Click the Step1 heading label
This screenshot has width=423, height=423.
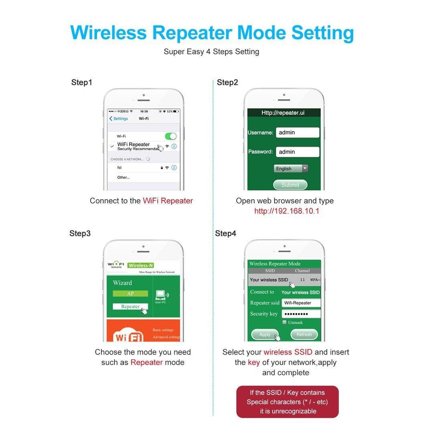82,83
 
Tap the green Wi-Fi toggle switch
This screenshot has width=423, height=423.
170,136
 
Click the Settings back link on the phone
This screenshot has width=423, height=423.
119,119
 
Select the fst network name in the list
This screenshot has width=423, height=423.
119,168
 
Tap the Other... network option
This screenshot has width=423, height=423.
123,177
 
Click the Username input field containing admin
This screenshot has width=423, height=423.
297,133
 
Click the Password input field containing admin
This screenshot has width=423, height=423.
297,152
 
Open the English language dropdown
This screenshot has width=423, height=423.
291,169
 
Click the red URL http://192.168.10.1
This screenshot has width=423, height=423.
287,211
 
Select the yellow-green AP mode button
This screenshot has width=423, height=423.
130,293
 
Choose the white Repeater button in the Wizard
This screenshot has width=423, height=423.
130,307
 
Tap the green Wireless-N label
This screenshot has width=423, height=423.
140,265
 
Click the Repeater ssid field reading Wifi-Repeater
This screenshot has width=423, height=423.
301,303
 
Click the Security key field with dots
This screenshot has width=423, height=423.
301,314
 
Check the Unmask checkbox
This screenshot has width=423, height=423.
285,322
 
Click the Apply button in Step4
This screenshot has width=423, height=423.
265,334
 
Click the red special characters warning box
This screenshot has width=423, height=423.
287,402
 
